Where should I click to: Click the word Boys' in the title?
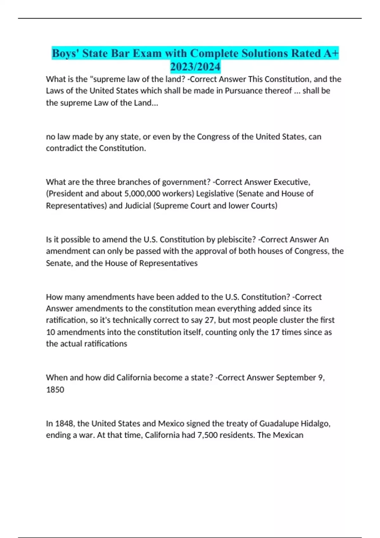pos(65,53)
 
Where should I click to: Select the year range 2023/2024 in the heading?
pos(195,67)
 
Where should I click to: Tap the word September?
pos(296,378)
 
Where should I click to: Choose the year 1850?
pos(55,390)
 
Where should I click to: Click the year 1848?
pos(64,423)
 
